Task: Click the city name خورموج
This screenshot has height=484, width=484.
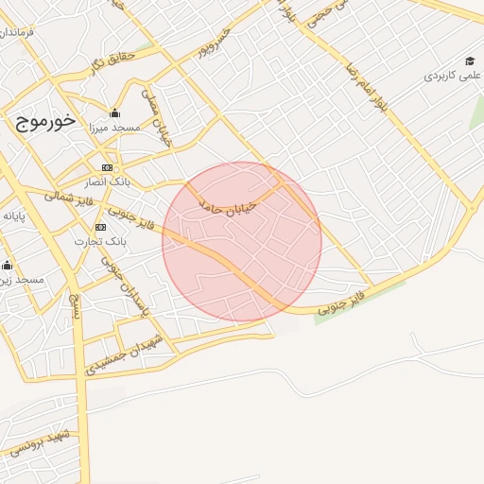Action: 45,122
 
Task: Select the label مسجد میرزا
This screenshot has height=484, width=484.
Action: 115,127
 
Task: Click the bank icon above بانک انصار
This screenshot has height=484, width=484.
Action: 107,167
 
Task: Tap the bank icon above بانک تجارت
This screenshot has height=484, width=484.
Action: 101,227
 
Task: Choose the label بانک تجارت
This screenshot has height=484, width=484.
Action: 101,241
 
